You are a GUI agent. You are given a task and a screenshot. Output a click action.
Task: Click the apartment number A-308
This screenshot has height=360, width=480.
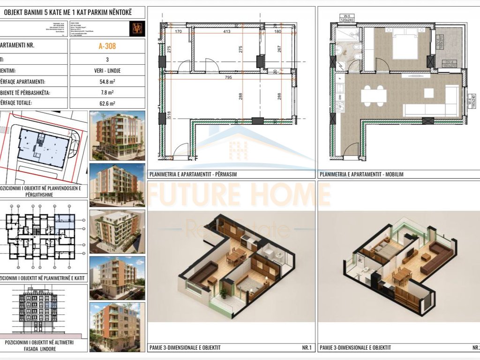pyautogui.click(x=107, y=46)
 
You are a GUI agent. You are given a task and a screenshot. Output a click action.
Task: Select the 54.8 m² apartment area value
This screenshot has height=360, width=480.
pyautogui.click(x=107, y=82)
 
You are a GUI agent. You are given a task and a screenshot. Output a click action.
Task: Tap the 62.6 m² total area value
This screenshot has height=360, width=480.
pyautogui.click(x=107, y=104)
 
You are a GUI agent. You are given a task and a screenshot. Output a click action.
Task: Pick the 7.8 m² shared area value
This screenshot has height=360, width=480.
pyautogui.click(x=107, y=93)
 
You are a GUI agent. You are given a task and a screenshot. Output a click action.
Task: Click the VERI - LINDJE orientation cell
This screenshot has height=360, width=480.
pyautogui.click(x=107, y=70)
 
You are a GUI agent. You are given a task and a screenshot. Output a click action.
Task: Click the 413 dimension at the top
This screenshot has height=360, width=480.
pyautogui.click(x=227, y=32)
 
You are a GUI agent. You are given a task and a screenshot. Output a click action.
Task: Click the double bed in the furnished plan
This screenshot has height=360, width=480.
pyautogui.click(x=405, y=45)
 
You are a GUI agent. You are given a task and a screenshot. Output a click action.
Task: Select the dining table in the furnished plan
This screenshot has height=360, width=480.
pyautogui.click(x=374, y=96)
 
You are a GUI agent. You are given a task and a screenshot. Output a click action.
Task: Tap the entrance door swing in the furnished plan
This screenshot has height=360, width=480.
pyautogui.click(x=349, y=150)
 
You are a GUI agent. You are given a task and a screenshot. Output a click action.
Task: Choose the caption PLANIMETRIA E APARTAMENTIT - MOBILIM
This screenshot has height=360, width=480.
pyautogui.click(x=361, y=174)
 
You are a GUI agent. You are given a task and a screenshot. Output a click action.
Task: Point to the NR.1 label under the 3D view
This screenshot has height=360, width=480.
pyautogui.click(x=307, y=348)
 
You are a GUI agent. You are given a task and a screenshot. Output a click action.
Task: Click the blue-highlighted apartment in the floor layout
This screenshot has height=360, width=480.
pyautogui.click(x=61, y=224)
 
